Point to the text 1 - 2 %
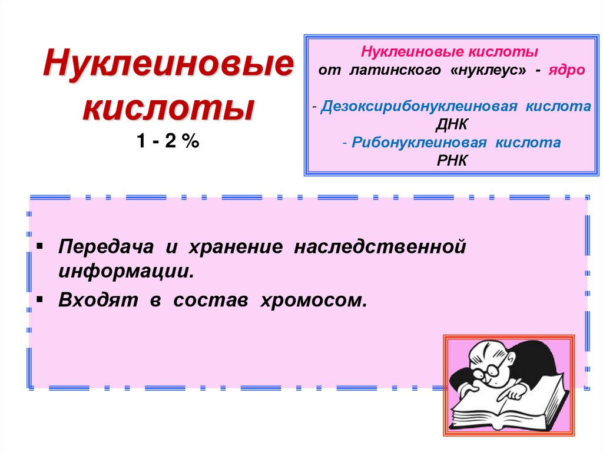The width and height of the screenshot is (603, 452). tap(168, 141)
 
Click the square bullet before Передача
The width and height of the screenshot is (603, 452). tap(39, 244)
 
